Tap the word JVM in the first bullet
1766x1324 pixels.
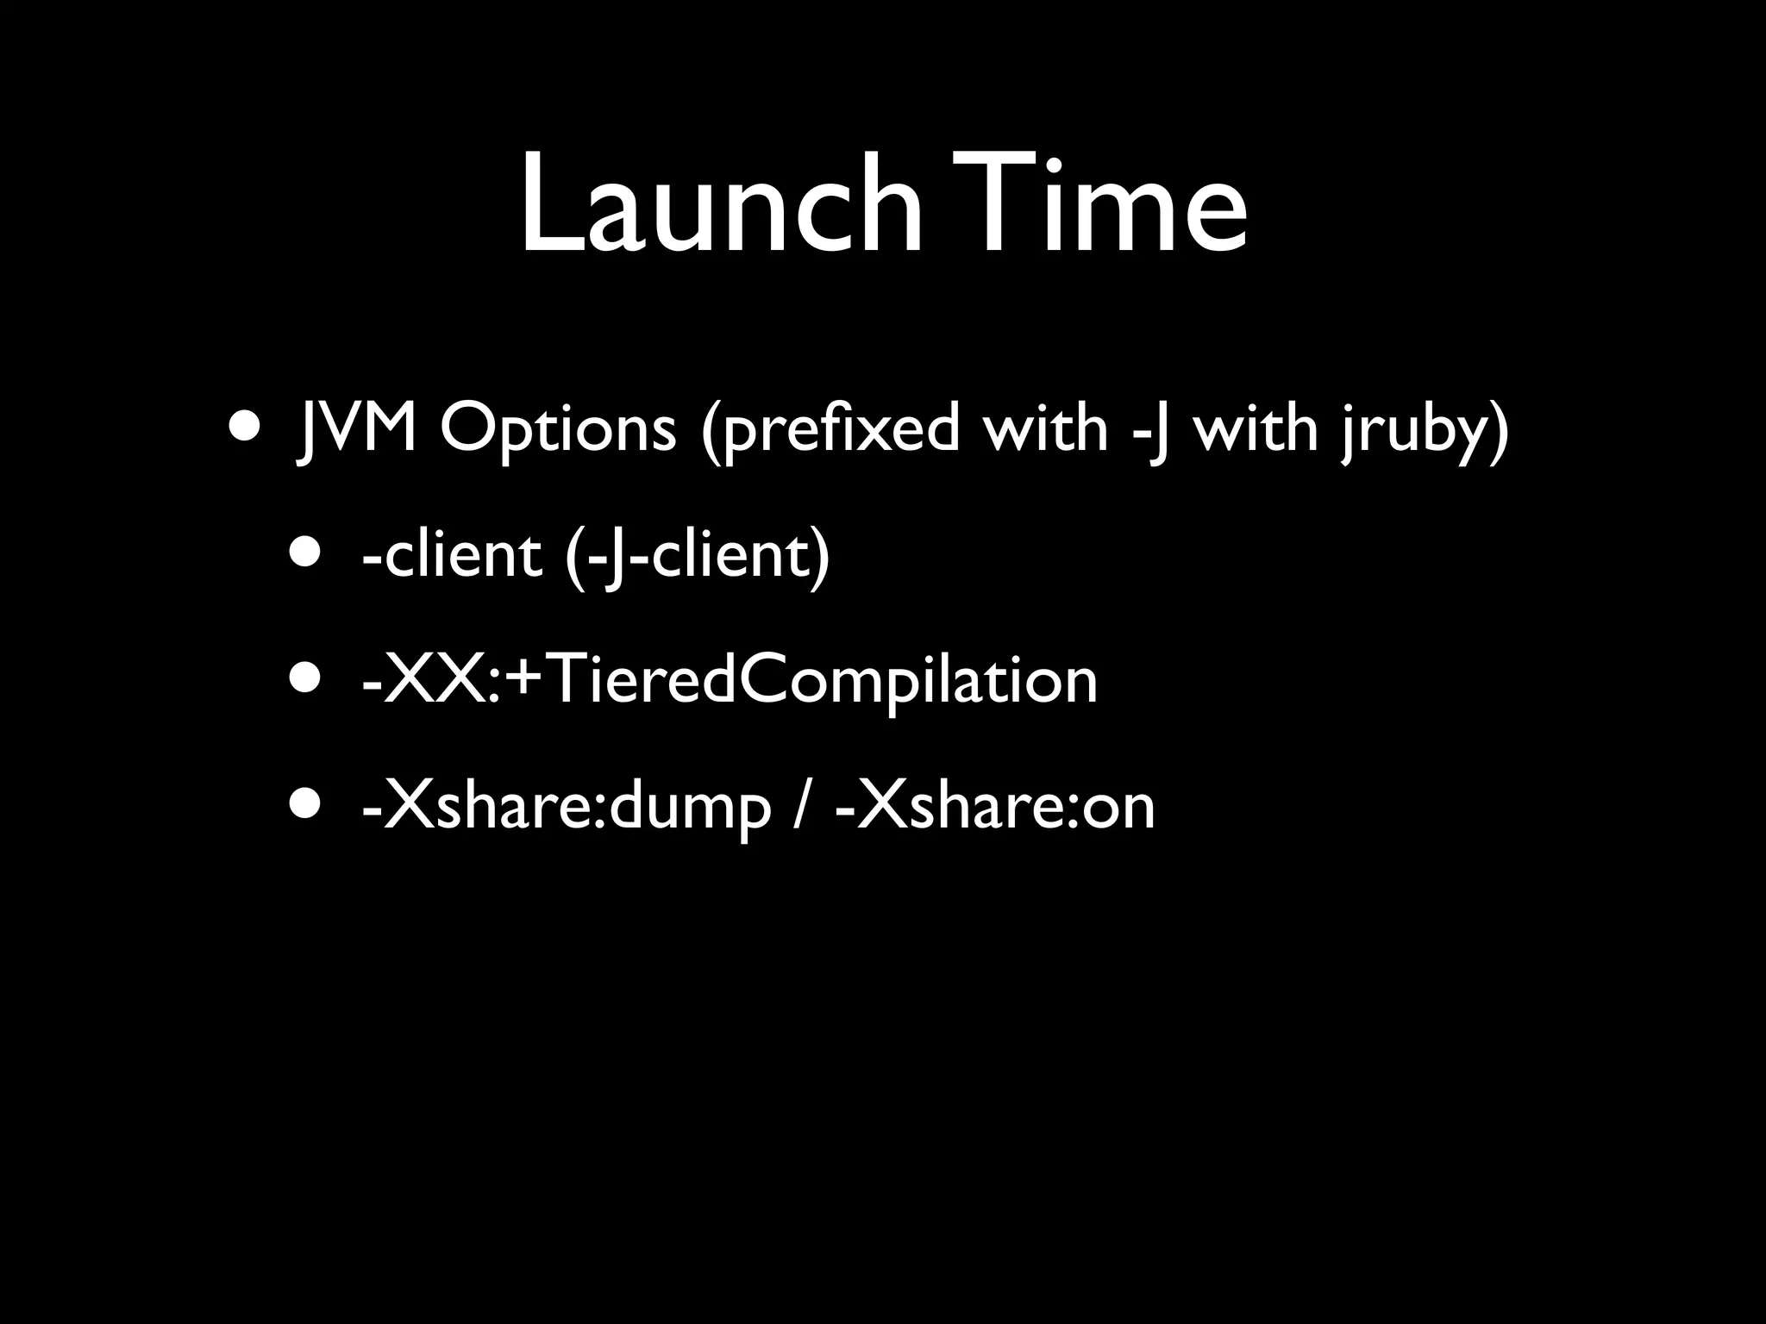coord(356,428)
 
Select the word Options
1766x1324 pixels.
coord(558,428)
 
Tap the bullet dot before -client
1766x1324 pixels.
coord(307,553)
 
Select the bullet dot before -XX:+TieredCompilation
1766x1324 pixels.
coord(307,680)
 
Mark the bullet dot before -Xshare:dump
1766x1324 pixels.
coord(307,807)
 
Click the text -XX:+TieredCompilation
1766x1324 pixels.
coord(730,680)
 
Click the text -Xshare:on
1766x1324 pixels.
coord(995,807)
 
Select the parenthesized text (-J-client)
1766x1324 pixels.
coord(698,553)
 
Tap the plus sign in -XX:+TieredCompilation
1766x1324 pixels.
coord(521,680)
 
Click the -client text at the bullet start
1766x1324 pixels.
coord(452,553)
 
